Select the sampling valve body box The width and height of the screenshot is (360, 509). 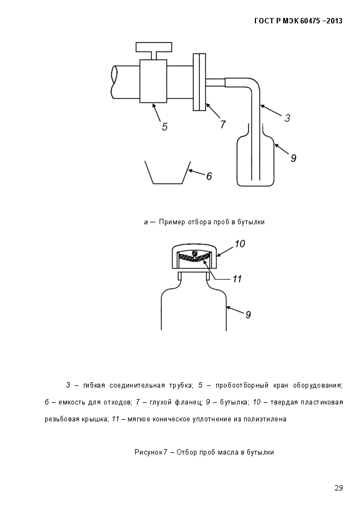pos(153,81)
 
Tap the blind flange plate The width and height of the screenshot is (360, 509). pos(199,82)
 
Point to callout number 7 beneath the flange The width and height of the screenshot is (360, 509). pos(223,124)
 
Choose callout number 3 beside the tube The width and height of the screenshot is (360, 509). pos(287,118)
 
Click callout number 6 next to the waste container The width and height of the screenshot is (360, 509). pos(209,176)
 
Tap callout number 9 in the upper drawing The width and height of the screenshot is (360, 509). pos(293,158)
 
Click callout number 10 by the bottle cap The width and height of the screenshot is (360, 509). pos(240,243)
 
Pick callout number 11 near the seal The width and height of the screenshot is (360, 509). pos(237,279)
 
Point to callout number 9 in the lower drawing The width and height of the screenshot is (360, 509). pos(248,315)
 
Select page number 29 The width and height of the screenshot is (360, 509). pos(339,488)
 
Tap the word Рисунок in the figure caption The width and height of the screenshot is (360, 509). pos(148,452)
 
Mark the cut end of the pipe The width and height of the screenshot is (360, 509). pos(114,82)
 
